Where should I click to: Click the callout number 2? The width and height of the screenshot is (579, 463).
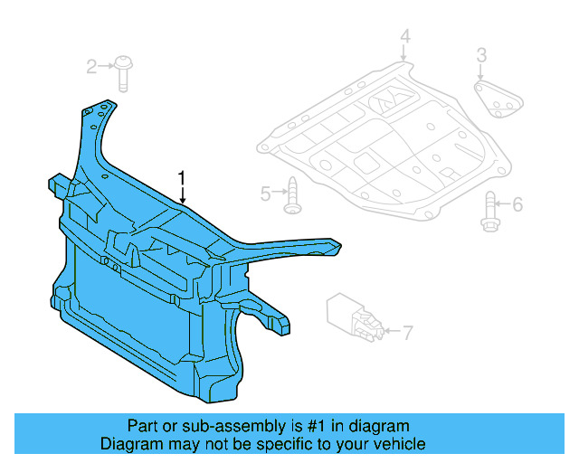point(92,66)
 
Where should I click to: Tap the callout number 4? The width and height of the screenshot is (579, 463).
point(404,37)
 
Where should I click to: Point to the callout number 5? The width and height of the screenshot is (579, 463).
point(266,193)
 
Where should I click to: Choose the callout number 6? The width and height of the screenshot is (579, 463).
point(517,205)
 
